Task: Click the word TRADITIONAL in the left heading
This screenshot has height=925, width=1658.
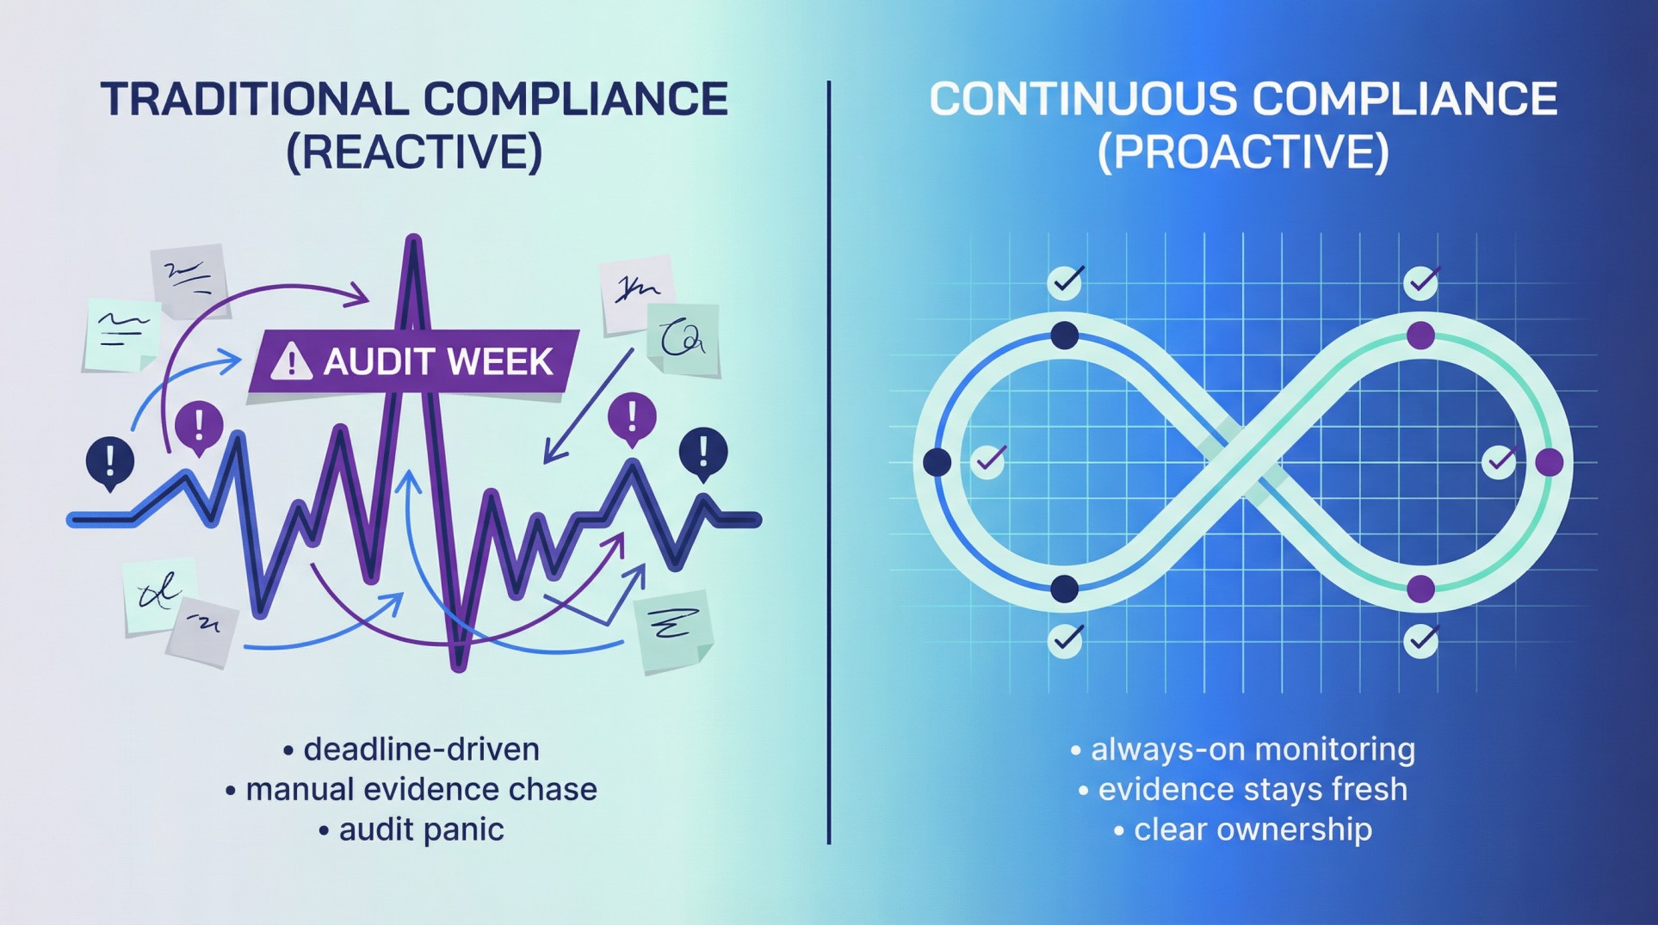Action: click(255, 99)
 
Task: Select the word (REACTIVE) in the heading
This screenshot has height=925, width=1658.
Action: click(414, 151)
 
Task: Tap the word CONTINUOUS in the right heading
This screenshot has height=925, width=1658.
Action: click(1082, 99)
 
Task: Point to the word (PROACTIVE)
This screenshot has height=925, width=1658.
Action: click(1243, 151)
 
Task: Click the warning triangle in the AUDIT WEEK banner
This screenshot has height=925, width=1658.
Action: click(291, 361)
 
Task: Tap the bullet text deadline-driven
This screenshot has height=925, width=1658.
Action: click(421, 749)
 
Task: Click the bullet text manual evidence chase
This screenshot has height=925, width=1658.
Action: click(421, 789)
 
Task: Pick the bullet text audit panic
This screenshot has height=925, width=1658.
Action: click(421, 829)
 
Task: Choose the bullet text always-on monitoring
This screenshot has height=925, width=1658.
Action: click(1253, 749)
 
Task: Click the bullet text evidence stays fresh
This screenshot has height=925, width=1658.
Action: click(1253, 789)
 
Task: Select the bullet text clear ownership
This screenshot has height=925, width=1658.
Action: click(1253, 829)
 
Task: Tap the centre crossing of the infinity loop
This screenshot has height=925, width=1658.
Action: click(1243, 462)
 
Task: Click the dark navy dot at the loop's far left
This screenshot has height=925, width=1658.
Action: click(937, 462)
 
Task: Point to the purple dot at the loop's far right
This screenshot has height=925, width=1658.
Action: click(1550, 462)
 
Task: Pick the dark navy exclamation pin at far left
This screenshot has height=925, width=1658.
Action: click(109, 460)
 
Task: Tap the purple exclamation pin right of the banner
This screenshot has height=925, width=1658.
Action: click(632, 417)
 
